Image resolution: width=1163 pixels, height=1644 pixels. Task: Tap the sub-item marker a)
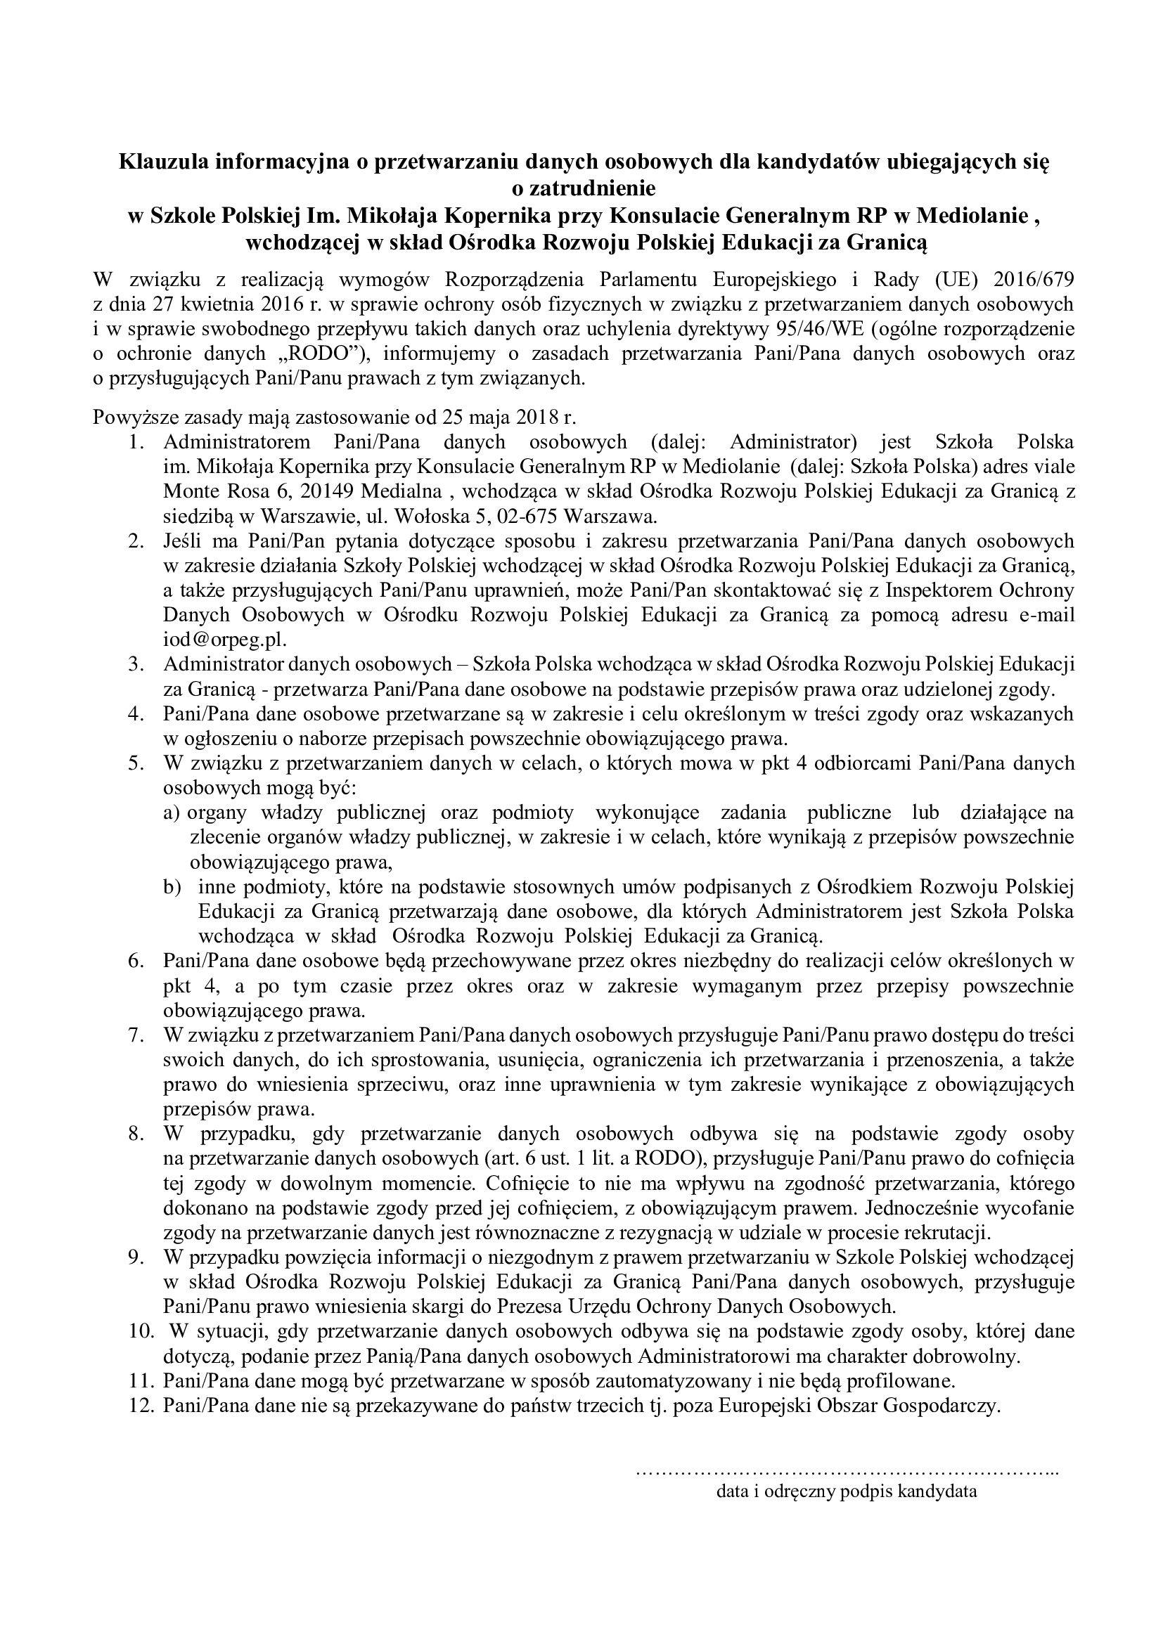click(x=171, y=813)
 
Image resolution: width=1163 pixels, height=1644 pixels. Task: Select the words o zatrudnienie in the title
click(x=581, y=189)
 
